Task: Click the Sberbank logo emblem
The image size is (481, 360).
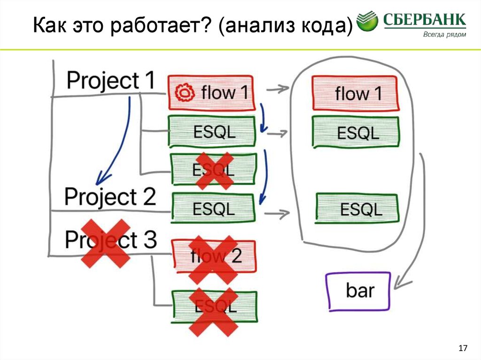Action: (x=368, y=22)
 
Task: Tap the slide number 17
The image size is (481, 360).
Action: (x=463, y=348)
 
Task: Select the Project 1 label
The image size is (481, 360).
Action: (x=110, y=81)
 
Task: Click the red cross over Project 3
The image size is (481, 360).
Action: (x=106, y=244)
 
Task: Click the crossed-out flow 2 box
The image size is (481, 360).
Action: (x=214, y=256)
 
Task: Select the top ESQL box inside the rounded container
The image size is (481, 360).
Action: (x=356, y=133)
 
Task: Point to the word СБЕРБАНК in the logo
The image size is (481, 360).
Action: (x=425, y=20)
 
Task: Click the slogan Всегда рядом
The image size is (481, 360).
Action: (x=444, y=34)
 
